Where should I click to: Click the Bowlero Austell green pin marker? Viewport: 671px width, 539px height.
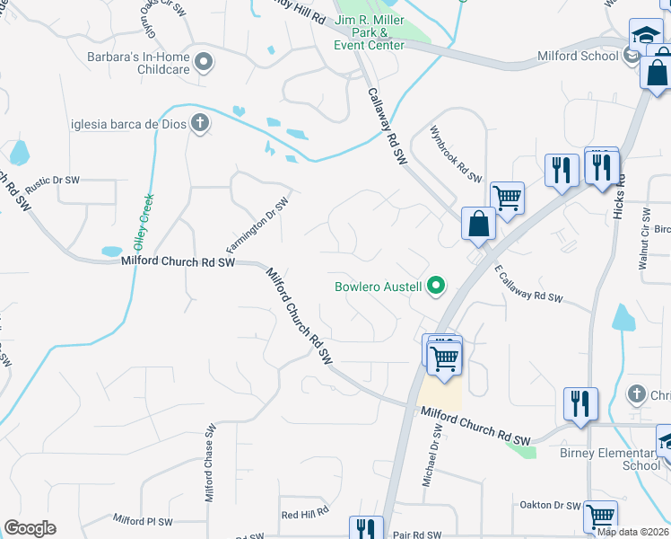pyautogui.click(x=437, y=287)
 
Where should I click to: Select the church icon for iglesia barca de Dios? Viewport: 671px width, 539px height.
pyautogui.click(x=199, y=124)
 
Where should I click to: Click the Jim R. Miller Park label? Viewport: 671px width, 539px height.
pyautogui.click(x=369, y=32)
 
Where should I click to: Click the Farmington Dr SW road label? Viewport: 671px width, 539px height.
pyautogui.click(x=257, y=225)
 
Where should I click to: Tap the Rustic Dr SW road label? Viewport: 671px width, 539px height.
pyautogui.click(x=53, y=181)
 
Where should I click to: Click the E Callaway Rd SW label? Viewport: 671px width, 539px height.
pyautogui.click(x=527, y=282)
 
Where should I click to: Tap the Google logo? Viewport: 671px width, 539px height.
pyautogui.click(x=30, y=528)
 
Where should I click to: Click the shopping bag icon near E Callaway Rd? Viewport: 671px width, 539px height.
pyautogui.click(x=479, y=225)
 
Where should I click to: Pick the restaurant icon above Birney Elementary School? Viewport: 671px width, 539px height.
pyautogui.click(x=580, y=404)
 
